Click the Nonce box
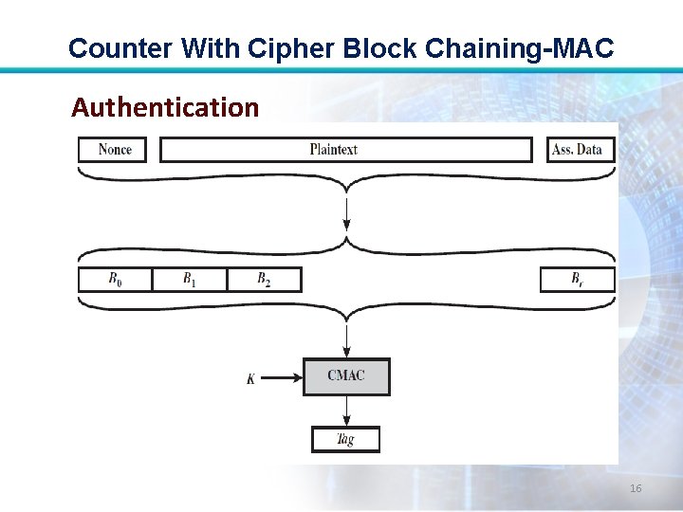pyautogui.click(x=113, y=150)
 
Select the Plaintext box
pyautogui.click(x=345, y=150)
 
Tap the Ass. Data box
pyautogui.click(x=581, y=150)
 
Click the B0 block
pyautogui.click(x=115, y=279)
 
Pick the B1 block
pyautogui.click(x=189, y=279)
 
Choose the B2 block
pyautogui.click(x=264, y=279)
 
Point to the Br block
pyautogui.click(x=577, y=279)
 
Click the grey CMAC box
pyautogui.click(x=346, y=376)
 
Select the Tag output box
pyautogui.click(x=346, y=440)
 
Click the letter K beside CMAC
pyautogui.click(x=250, y=379)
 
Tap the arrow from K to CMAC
pyautogui.click(x=280, y=378)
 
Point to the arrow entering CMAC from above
pyautogui.click(x=346, y=339)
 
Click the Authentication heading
pyautogui.click(x=165, y=108)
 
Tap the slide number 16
pyautogui.click(x=636, y=488)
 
